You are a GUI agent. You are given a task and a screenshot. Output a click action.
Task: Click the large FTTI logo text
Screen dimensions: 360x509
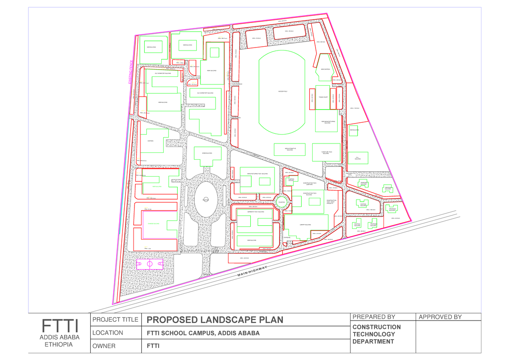(60, 326)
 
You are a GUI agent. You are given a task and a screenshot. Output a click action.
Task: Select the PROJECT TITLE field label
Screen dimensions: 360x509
(115, 320)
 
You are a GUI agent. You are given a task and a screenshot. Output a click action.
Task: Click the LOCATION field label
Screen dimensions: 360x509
(108, 333)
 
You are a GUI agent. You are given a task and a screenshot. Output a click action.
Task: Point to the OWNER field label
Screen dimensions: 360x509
(104, 346)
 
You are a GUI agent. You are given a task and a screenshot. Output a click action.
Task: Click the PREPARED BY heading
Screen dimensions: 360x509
(374, 317)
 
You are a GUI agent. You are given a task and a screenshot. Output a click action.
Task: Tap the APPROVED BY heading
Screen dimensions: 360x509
(440, 317)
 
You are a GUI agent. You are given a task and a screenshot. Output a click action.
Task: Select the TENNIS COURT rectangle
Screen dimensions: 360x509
(323, 97)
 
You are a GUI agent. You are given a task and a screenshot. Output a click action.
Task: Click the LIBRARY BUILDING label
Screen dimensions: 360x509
(305, 225)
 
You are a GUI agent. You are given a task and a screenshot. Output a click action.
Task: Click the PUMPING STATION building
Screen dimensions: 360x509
(291, 180)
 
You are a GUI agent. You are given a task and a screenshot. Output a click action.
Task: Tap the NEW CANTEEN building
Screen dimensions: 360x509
(325, 69)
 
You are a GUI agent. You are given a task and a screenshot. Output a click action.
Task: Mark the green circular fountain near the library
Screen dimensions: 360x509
(280, 202)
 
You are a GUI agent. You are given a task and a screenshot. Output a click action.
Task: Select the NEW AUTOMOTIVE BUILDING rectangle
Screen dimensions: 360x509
(290, 149)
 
